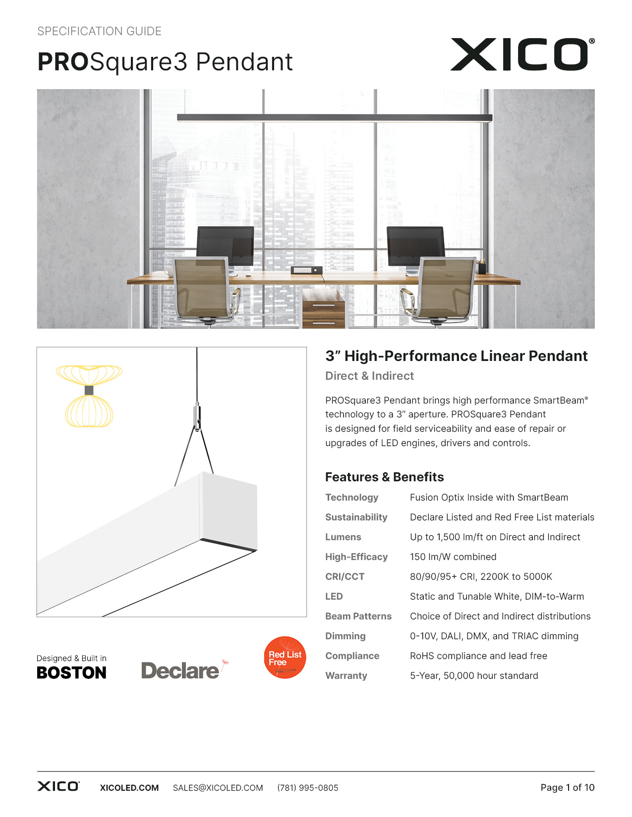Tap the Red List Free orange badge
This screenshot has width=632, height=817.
point(285,658)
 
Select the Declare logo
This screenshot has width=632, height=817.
point(181,670)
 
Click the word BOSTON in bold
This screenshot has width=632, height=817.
point(72,673)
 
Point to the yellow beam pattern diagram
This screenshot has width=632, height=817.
point(89,396)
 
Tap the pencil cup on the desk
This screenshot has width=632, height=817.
point(481,267)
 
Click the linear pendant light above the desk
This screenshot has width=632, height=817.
point(335,118)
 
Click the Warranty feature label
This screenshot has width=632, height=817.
point(346,676)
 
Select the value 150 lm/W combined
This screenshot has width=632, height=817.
point(453,557)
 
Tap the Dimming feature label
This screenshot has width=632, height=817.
point(345,636)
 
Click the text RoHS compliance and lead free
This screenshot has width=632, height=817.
point(478,656)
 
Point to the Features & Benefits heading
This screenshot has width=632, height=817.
point(384,477)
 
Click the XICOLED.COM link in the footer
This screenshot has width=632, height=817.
point(129,788)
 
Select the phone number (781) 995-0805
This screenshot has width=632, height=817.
point(308,788)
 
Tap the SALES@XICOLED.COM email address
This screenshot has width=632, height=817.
point(218,788)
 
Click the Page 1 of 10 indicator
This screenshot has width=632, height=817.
point(567,788)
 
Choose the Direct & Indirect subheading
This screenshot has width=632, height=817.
point(369,376)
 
